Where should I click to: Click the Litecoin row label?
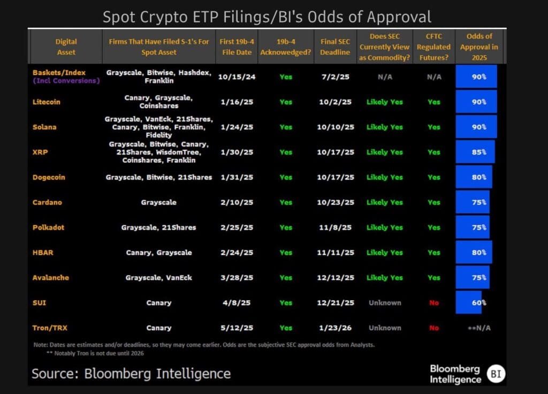point(46,102)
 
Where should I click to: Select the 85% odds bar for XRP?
point(475,152)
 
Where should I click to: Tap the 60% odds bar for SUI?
point(469,302)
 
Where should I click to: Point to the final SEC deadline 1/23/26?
point(335,328)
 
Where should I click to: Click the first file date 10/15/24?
point(237,77)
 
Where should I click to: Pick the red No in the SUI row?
point(433,302)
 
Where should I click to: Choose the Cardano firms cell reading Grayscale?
point(159,202)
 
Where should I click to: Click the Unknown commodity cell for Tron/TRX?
point(384,328)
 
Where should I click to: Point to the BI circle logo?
point(496,374)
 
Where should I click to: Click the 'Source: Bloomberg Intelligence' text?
point(131,373)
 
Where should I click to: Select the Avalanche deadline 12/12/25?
point(335,277)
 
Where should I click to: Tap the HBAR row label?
point(43,252)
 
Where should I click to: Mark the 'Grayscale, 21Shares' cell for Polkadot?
point(159,228)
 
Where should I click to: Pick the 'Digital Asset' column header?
point(66,47)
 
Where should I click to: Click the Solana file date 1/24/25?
point(237,127)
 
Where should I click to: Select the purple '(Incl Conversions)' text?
point(66,81)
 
